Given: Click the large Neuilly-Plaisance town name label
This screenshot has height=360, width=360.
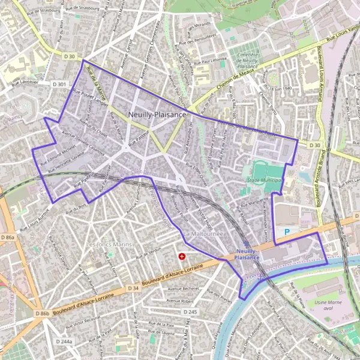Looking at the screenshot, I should click(x=157, y=114).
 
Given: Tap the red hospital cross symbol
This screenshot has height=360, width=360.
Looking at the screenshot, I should click(x=182, y=256).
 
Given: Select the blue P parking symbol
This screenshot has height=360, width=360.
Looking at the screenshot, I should click(x=287, y=231).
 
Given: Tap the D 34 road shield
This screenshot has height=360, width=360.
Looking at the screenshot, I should click(x=133, y=289).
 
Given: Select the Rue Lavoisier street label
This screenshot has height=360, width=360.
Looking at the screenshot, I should click(x=25, y=81).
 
